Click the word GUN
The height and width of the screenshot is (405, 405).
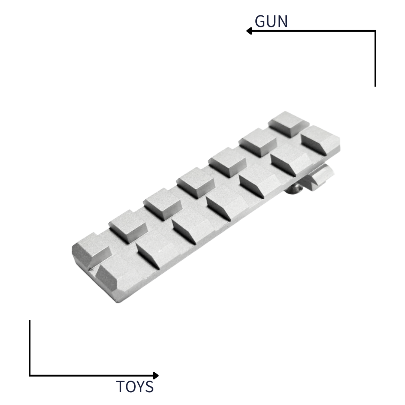tap(271, 21)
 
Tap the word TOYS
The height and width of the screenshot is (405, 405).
tap(135, 387)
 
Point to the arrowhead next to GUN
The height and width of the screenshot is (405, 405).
tap(249, 31)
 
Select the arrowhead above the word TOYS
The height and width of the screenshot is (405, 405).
tap(156, 375)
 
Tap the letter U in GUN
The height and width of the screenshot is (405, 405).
tap(272, 21)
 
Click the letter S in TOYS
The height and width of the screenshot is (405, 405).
tap(150, 387)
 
